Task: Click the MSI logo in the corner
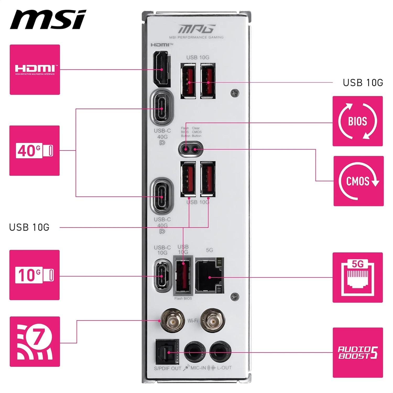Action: [x=48, y=20]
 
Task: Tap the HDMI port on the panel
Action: [x=162, y=69]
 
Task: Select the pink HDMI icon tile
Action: [x=35, y=69]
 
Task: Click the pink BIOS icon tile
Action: [x=358, y=121]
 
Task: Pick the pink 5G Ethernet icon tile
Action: [x=358, y=277]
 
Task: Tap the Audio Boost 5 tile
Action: [x=358, y=352]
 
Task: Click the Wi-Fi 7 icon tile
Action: [x=35, y=341]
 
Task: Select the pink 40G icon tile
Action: [x=35, y=151]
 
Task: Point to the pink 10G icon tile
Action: [x=35, y=275]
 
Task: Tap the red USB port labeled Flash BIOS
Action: [x=183, y=276]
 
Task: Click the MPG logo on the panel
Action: [x=197, y=29]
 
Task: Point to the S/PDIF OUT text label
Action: [x=168, y=368]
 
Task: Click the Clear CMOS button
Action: [x=195, y=149]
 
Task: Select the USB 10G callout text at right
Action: [x=363, y=83]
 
